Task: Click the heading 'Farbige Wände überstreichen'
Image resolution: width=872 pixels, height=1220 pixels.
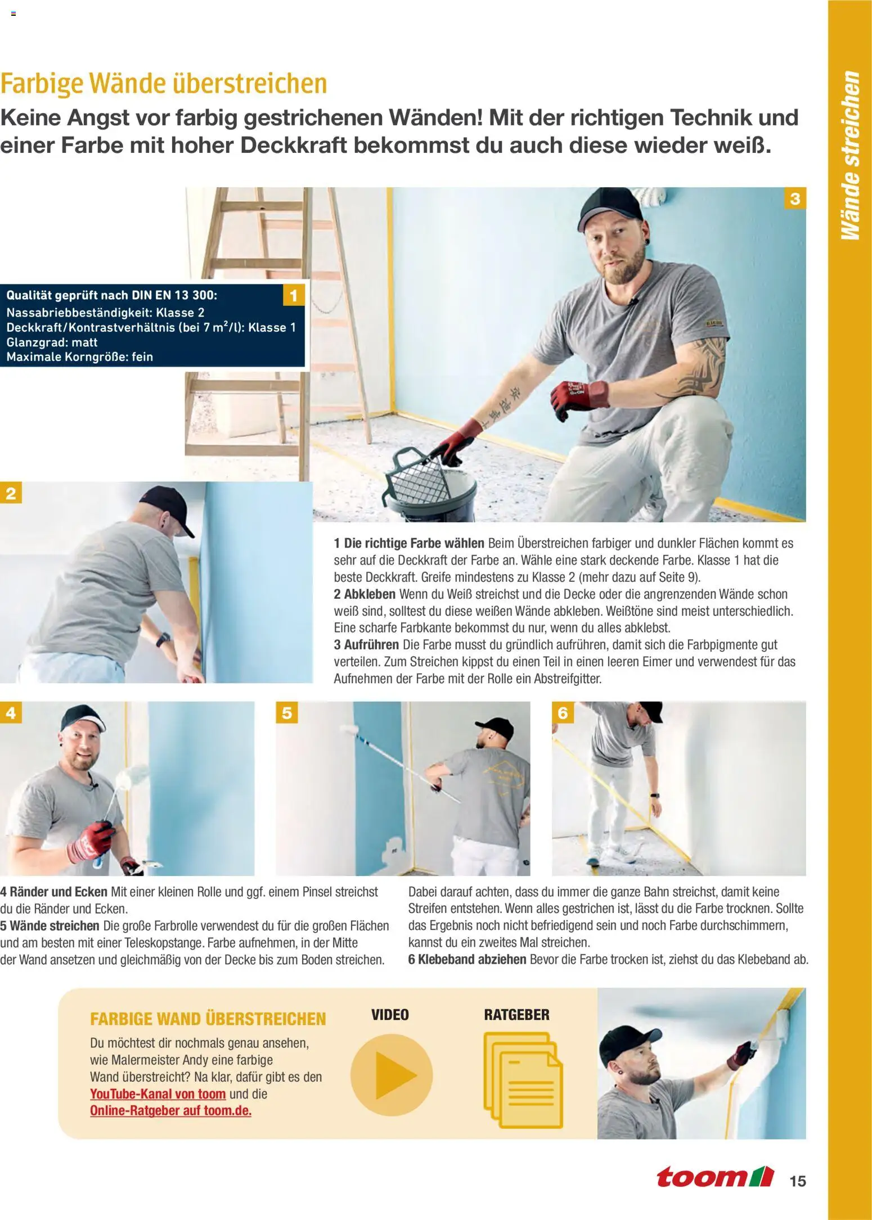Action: pos(163,83)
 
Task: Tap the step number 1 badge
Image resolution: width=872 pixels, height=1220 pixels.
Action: pos(293,295)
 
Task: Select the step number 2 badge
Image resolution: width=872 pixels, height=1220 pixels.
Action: pos(11,493)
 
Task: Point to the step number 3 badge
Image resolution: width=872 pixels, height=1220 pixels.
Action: pos(795,198)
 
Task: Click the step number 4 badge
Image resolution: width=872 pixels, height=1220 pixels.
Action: pos(11,713)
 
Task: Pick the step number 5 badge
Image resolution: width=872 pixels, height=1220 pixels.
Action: pos(287,713)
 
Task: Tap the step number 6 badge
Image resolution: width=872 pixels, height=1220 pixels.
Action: pos(563,713)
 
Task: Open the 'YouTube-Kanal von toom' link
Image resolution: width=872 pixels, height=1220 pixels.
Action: pos(158,1094)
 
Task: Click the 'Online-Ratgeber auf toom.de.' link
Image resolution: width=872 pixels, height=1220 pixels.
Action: pos(171,1111)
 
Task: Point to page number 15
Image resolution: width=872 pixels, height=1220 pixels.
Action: pos(798,1181)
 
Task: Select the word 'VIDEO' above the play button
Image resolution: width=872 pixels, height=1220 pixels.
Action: pos(390,1015)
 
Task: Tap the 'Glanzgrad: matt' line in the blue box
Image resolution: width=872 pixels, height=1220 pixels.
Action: pos(52,342)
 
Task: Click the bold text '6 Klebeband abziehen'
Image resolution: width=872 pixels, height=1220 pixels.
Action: pos(468,959)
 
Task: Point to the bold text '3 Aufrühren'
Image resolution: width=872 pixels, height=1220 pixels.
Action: pos(366,645)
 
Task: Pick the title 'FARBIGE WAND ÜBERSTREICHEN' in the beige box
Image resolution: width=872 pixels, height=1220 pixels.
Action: pos(208,1019)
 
